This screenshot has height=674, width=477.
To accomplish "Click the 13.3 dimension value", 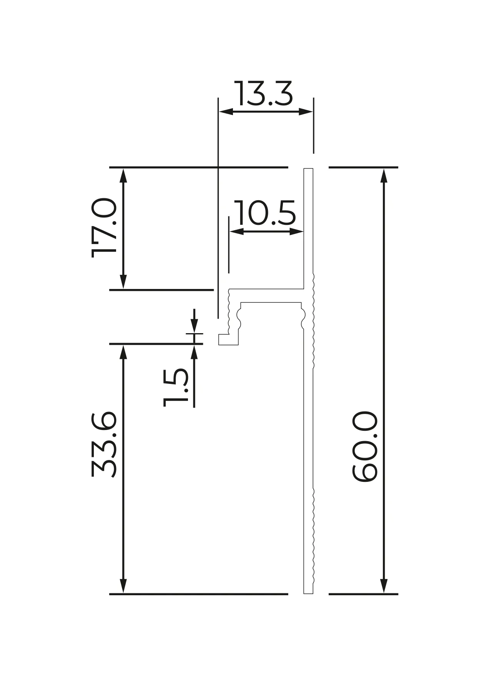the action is tap(264, 94).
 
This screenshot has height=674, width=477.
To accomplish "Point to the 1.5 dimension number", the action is tap(175, 387).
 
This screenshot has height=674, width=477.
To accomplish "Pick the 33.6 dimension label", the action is tap(104, 445).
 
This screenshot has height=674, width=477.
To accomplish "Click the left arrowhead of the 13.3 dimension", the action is tap(226, 112).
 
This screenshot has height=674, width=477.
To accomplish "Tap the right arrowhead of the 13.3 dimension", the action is tap(306, 112).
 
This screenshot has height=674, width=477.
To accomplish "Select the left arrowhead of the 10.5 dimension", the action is tap(236, 231).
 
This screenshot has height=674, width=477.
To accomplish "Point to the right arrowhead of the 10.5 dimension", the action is tap(296, 231).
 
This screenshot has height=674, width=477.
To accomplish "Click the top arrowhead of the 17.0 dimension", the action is tap(123, 175).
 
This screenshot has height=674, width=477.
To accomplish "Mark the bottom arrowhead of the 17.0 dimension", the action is tap(123, 282).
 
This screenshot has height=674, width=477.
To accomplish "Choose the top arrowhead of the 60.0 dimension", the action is tap(383, 175).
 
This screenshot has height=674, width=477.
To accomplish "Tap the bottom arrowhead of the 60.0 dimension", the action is tap(383, 586).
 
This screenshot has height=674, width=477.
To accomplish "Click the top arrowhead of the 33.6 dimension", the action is tap(123, 352).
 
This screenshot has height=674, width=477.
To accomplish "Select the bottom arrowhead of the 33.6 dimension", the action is tap(123, 586).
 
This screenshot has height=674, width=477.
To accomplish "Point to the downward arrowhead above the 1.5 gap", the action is tap(194, 326).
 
